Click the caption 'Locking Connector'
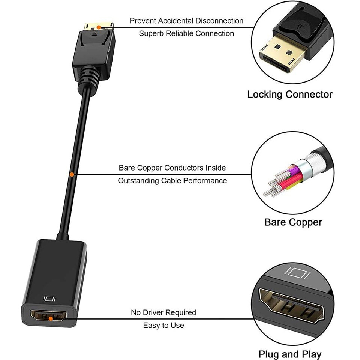tap(289, 94)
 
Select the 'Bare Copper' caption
tap(293, 222)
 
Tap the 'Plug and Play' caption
tap(290, 354)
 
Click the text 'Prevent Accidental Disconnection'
tap(186, 21)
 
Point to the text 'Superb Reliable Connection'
tap(186, 33)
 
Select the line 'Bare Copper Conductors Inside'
tap(172, 168)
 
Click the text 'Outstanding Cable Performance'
tap(172, 180)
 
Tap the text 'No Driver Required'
tap(163, 312)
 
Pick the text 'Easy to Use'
tap(163, 325)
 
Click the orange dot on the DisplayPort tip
tap(98, 27)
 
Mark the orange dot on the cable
tap(72, 174)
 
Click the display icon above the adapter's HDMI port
tap(49, 299)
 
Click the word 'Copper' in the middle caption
tap(306, 222)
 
